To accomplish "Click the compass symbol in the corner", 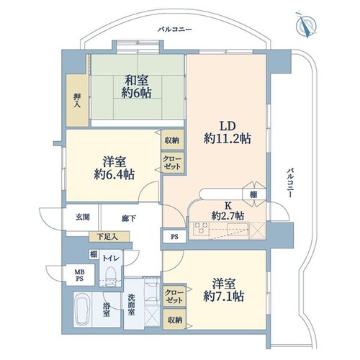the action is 306,25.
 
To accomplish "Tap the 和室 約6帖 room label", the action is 136,86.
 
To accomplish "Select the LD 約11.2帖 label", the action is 228,132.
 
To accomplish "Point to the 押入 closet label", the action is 77,100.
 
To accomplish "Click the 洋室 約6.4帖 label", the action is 114,168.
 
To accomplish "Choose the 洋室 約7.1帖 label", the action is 224,290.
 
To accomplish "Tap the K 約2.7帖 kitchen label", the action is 228,211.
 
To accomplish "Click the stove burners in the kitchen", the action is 201,228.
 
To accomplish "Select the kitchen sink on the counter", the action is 238,228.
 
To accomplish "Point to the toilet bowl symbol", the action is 111,274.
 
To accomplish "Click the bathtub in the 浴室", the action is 82,310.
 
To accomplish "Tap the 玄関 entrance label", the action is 83,217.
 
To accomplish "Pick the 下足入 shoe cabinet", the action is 109,237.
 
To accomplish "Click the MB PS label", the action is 80,276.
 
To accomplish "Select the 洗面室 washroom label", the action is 131,305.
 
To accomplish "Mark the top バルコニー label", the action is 175,30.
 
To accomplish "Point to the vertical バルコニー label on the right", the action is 290,183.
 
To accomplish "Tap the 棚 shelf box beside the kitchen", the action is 254,194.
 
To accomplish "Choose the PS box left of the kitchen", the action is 174,237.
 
